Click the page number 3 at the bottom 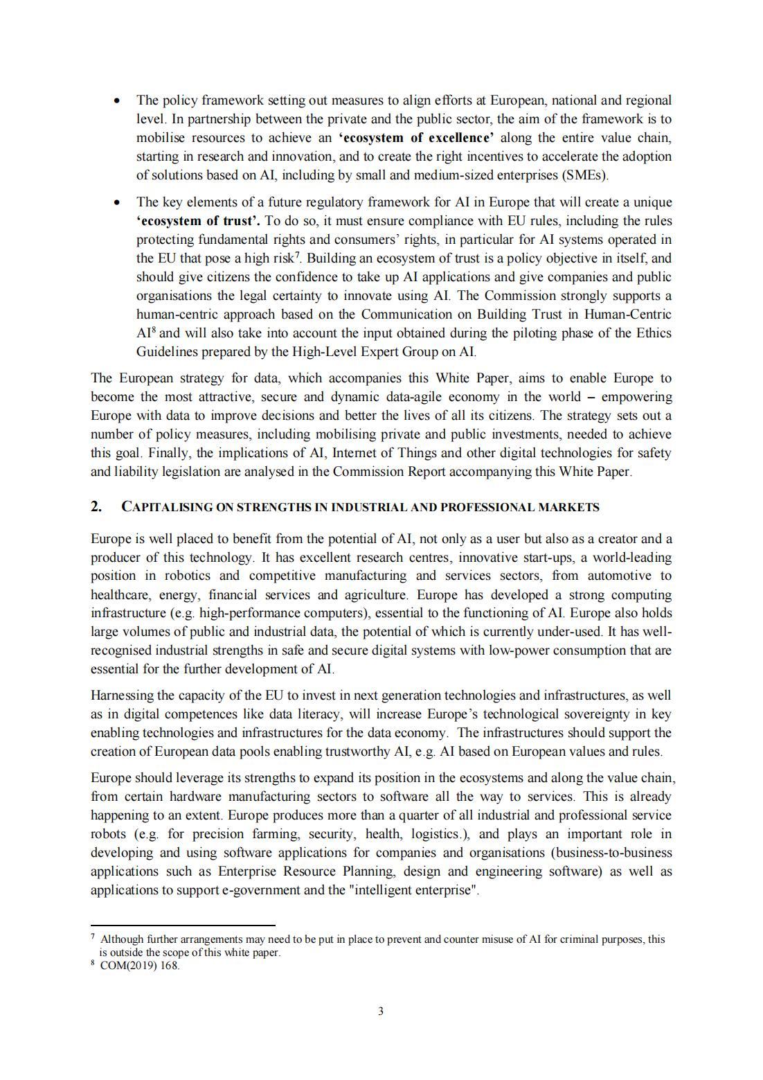381,1011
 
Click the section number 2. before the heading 96,506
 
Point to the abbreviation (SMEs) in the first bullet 586,175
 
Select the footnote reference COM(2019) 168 140,966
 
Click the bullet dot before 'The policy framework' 118,101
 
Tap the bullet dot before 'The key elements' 118,203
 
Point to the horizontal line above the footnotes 183,925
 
